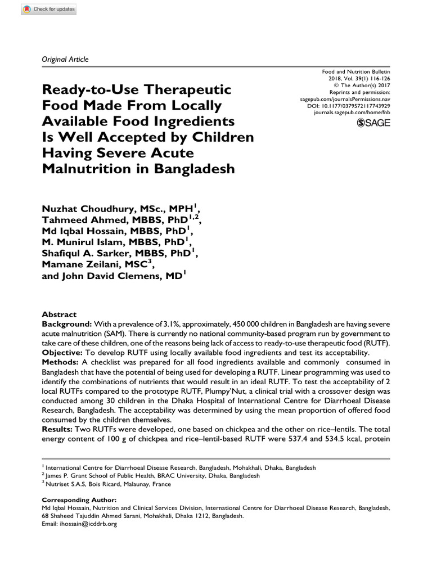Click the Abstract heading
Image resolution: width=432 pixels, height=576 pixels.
tap(60, 315)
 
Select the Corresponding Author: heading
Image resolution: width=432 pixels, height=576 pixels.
tap(80, 499)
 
